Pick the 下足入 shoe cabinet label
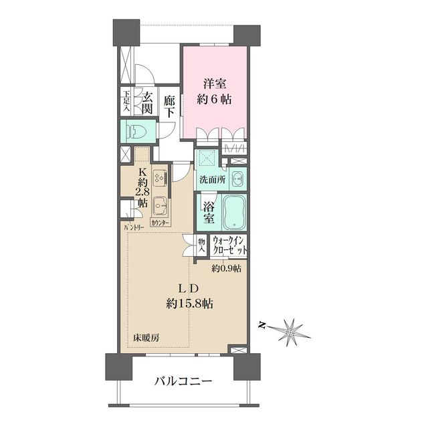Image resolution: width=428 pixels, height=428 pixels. [x=126, y=100]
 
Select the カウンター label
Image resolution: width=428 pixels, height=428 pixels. [x=160, y=222]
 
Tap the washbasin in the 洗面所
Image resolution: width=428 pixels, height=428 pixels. [x=237, y=179]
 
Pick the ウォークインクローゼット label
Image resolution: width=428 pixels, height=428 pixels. [x=229, y=245]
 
